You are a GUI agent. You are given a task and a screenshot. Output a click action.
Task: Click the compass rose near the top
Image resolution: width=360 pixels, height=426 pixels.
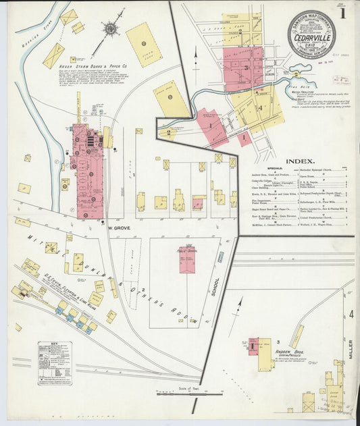click(x=110, y=29)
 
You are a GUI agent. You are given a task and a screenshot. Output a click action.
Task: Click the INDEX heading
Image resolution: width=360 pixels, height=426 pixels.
click(x=299, y=161)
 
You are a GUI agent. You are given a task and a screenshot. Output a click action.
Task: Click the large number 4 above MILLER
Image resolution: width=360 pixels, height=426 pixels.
click(x=351, y=314)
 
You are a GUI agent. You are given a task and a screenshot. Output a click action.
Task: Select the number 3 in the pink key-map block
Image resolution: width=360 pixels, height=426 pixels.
click(x=247, y=68)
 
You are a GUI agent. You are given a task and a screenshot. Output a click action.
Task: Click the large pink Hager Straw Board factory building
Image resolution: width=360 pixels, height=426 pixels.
click(x=88, y=171)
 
